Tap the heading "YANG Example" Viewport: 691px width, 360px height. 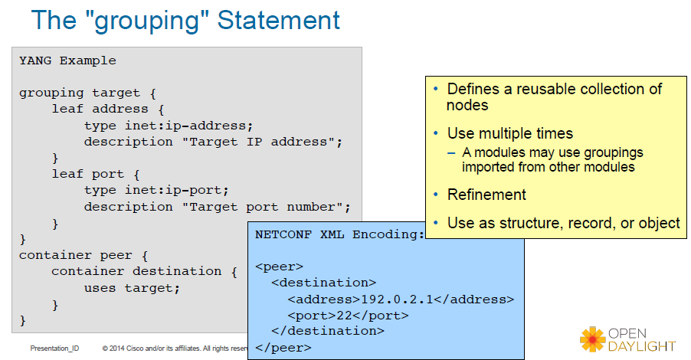[x=67, y=61]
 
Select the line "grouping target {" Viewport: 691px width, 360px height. [x=87, y=93]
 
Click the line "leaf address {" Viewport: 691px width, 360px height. [x=108, y=109]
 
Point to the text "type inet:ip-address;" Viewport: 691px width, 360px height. [x=168, y=125]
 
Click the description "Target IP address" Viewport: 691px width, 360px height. [x=214, y=142]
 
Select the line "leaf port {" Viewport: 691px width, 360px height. [x=96, y=174]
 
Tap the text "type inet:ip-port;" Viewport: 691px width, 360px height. [x=156, y=190]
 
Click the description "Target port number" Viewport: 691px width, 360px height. [x=218, y=207]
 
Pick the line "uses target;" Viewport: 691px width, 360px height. [x=132, y=288]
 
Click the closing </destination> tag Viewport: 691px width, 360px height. [x=328, y=331]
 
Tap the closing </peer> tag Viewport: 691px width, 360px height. [x=283, y=347]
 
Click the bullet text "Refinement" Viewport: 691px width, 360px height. [x=486, y=195]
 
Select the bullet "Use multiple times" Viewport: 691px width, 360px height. [x=509, y=133]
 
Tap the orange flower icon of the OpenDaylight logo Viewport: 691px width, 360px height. [x=592, y=338]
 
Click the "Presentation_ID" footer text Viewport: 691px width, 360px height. [x=54, y=348]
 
